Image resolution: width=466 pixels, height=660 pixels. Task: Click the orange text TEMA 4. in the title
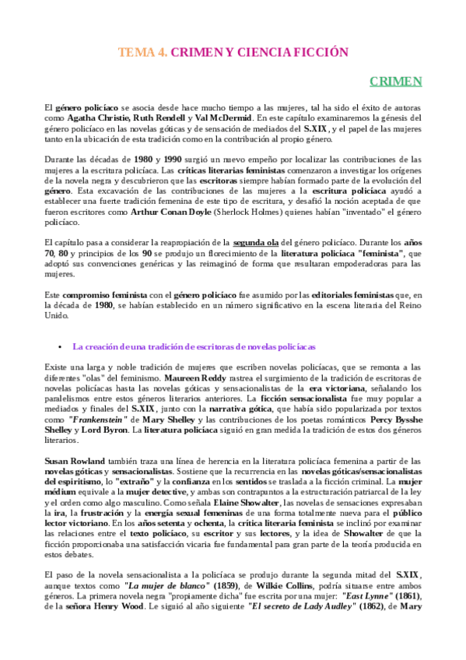[142, 53]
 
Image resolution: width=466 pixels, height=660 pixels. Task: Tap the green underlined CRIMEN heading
[396, 81]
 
